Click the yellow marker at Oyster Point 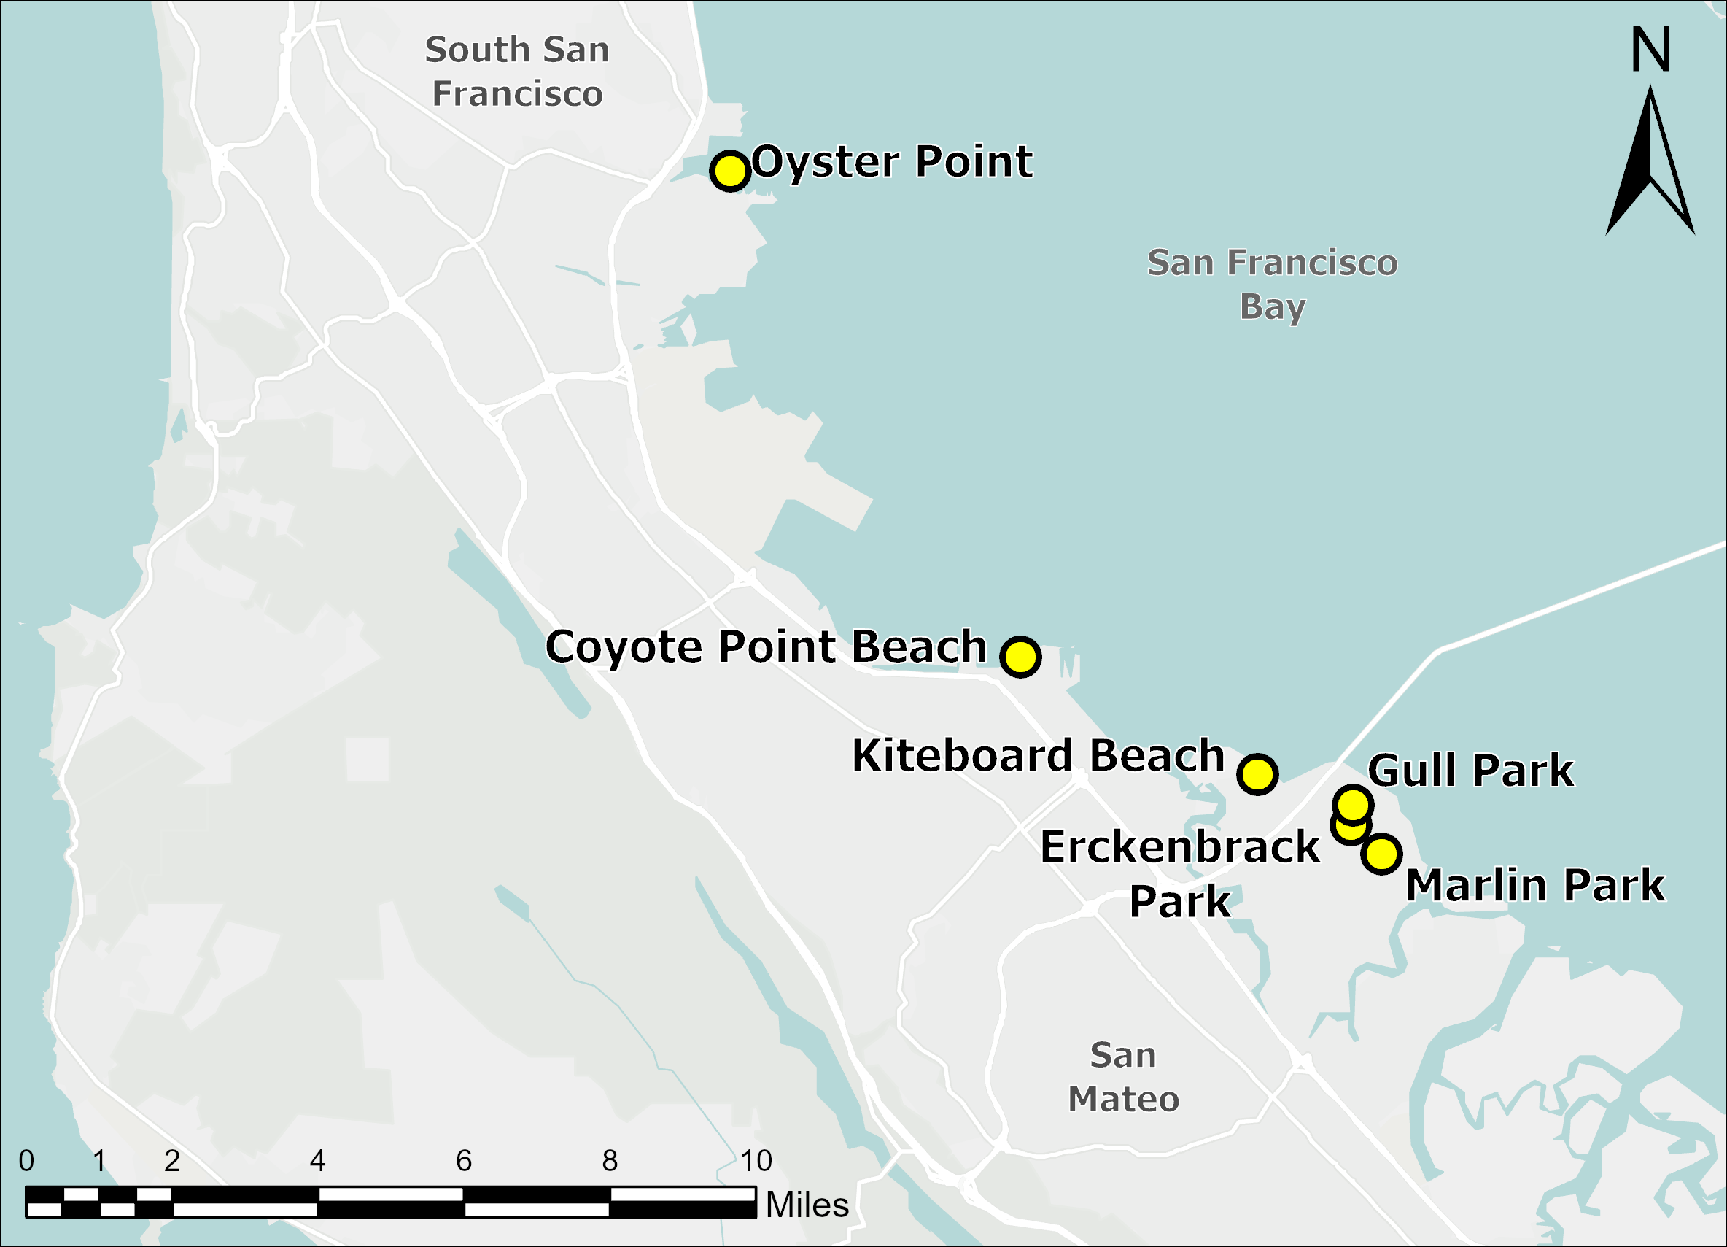click(730, 171)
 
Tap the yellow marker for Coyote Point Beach click(1020, 656)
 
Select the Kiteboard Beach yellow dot click(1257, 774)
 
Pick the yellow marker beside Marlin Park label click(1381, 854)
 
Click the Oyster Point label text click(892, 161)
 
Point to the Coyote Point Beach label click(766, 646)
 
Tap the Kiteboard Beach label click(1038, 756)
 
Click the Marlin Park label click(1535, 885)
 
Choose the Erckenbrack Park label click(1179, 873)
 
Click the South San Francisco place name click(517, 72)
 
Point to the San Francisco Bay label click(1273, 284)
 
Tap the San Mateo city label click(1123, 1077)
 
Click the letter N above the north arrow click(1650, 50)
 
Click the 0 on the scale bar click(27, 1161)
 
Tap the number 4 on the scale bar click(317, 1161)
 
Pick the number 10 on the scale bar click(756, 1161)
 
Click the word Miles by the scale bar click(807, 1205)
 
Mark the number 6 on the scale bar click(464, 1161)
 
